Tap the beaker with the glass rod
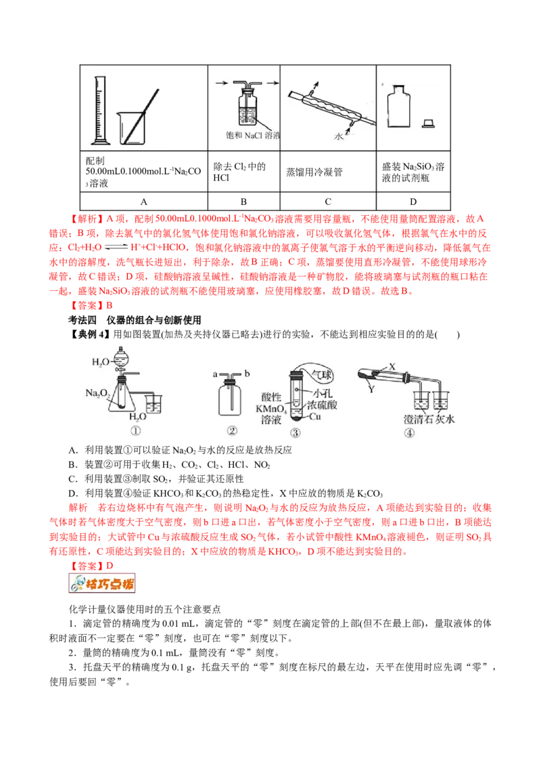(132, 128)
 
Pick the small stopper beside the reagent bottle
(428, 124)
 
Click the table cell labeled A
(143, 201)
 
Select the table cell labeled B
(243, 201)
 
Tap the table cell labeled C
(328, 201)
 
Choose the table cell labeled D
(413, 201)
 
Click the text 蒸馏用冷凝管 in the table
(314, 172)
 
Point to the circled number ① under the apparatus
(136, 431)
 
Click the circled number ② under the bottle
(233, 430)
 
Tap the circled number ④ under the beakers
(409, 433)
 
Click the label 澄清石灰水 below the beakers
(429, 419)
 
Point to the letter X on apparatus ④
(392, 366)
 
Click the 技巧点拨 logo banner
(102, 583)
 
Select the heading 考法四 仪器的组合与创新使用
(135, 320)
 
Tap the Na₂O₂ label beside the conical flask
(97, 392)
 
